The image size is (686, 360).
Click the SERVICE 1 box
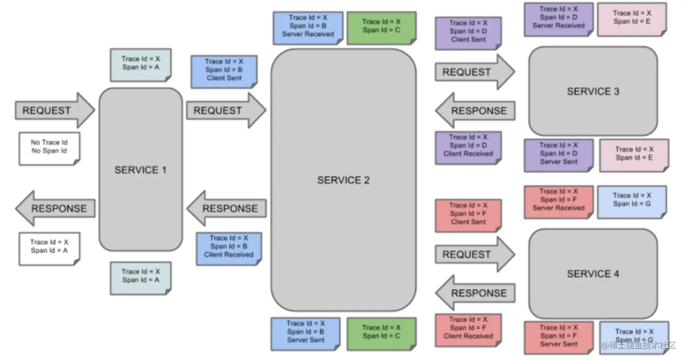click(x=140, y=170)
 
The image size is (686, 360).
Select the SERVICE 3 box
click(x=593, y=91)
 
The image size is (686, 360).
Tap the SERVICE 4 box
click(x=593, y=273)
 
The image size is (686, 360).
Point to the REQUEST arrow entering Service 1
click(x=54, y=110)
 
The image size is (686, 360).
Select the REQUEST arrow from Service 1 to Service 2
click(x=225, y=110)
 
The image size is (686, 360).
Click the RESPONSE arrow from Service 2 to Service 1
click(x=227, y=208)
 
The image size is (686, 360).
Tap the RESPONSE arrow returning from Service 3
click(x=475, y=111)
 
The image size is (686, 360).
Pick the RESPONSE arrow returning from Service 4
click(x=475, y=293)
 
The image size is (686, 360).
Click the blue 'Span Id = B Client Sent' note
click(x=224, y=71)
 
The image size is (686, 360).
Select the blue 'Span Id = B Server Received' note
click(x=308, y=27)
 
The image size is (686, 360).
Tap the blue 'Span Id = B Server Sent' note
click(x=305, y=333)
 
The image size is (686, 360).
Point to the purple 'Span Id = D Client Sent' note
click(x=468, y=32)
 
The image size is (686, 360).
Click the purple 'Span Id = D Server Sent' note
click(x=558, y=155)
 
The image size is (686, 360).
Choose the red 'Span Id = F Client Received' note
click(x=468, y=329)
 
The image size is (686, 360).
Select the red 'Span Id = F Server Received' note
click(x=558, y=201)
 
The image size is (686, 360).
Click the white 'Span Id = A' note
click(x=49, y=248)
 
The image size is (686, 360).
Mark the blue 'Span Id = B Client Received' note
click(x=228, y=248)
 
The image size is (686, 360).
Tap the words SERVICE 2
click(x=343, y=180)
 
